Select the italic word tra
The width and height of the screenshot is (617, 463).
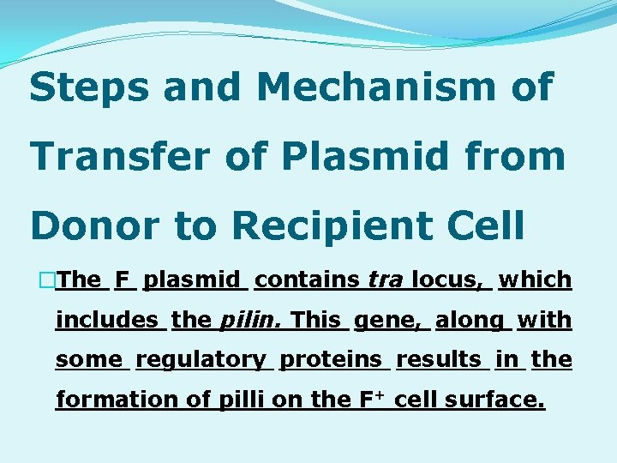point(385,280)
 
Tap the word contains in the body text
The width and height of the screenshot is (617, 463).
point(307,280)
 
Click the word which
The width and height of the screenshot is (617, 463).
point(535,280)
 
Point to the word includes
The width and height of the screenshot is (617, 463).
point(107,320)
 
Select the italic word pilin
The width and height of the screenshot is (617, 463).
point(251,320)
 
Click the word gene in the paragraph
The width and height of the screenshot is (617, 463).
point(388,320)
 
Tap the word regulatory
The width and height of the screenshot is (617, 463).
point(202,359)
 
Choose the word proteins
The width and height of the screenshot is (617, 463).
point(334,359)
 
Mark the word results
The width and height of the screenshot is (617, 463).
point(441,359)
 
